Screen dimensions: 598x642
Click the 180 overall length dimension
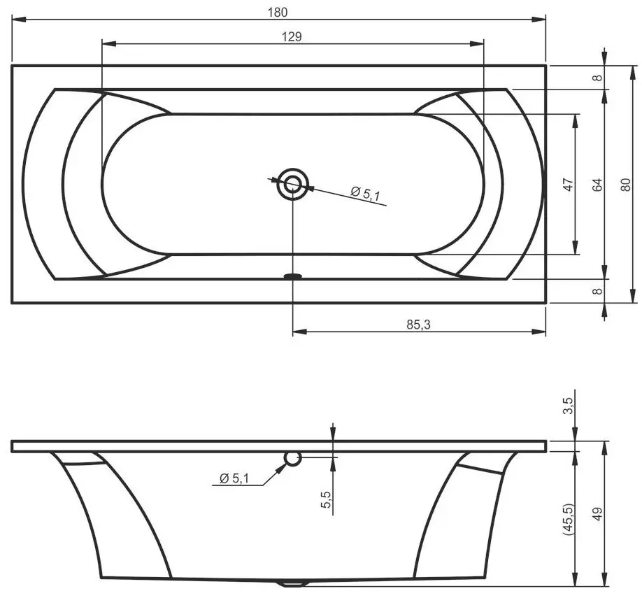pyautogui.click(x=278, y=12)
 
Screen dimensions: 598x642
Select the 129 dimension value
pyautogui.click(x=292, y=36)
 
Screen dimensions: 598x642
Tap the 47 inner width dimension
pyautogui.click(x=568, y=185)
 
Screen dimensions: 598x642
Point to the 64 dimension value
pyautogui.click(x=597, y=185)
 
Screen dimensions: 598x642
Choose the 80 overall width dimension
pyautogui.click(x=626, y=185)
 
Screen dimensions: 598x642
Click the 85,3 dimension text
pyautogui.click(x=418, y=325)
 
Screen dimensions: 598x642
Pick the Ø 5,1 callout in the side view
pyautogui.click(x=234, y=478)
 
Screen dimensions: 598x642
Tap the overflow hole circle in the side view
pyautogui.click(x=293, y=458)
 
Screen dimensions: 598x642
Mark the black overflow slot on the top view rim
pyautogui.click(x=293, y=277)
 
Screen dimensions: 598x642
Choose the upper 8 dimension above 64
pyautogui.click(x=597, y=77)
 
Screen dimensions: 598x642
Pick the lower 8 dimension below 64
pyautogui.click(x=597, y=291)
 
